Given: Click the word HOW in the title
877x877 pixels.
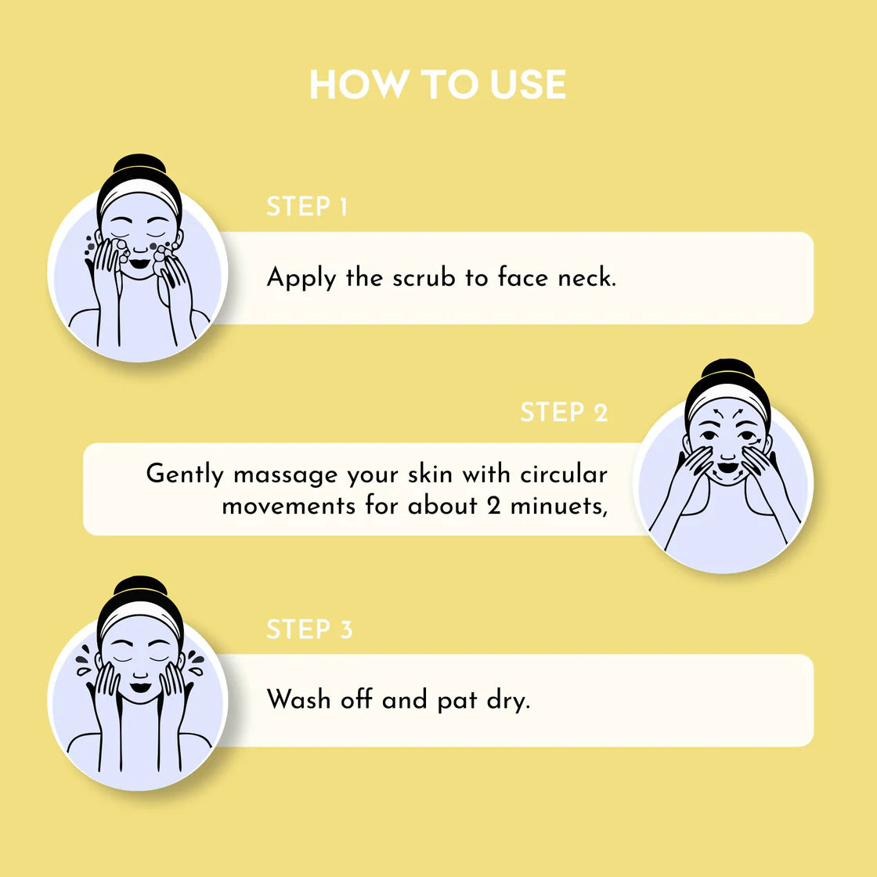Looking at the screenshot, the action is (359, 85).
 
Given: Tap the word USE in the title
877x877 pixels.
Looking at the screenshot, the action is (528, 85).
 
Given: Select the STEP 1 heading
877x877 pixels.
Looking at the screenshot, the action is (307, 207).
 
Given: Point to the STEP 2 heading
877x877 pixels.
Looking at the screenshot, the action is (564, 412).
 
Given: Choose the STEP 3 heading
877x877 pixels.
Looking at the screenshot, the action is (309, 630).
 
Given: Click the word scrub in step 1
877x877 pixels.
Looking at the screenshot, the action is (424, 277).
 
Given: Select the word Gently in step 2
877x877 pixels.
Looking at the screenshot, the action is (185, 475).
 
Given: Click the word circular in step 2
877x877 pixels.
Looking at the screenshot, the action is (564, 474).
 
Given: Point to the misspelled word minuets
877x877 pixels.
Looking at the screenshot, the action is (559, 506).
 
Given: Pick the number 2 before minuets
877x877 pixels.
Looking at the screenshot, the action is (493, 506).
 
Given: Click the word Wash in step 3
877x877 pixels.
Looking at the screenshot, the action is (298, 699).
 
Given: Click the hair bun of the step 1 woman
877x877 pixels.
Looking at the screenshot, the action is (140, 164).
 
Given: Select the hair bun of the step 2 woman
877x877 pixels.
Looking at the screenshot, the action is (727, 370).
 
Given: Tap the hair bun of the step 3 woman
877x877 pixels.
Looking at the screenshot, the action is (140, 587).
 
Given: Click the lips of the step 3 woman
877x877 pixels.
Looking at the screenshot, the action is (140, 688).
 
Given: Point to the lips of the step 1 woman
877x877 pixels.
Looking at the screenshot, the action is (139, 263).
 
